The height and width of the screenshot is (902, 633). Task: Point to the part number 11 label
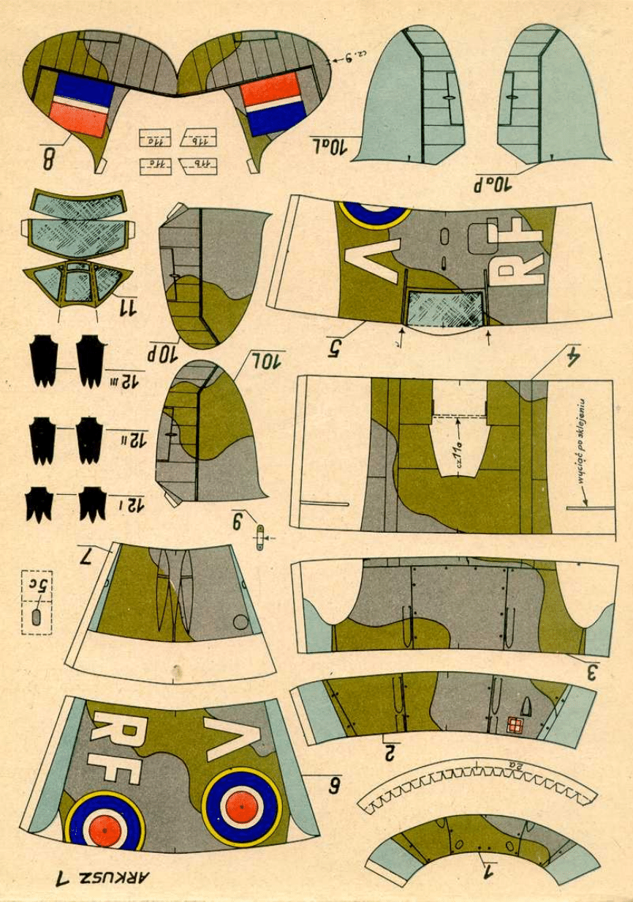(128, 308)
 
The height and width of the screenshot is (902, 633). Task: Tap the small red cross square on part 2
(516, 727)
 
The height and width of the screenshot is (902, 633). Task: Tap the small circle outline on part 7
(240, 623)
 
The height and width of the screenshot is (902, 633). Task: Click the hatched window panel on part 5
(444, 308)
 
